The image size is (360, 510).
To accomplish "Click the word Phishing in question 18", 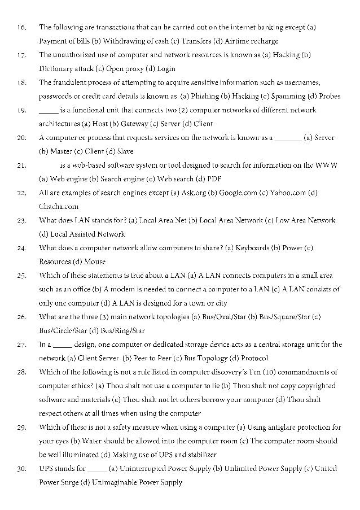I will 206,96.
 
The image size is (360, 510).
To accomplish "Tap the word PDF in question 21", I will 214,179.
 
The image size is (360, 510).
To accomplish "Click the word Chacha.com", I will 59,207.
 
